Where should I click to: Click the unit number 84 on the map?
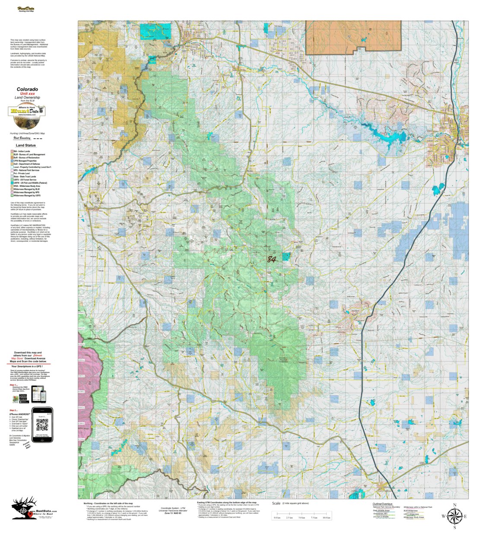pyautogui.click(x=271, y=259)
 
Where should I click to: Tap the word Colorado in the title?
pyautogui.click(x=27, y=90)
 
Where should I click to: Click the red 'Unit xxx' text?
pyautogui.click(x=27, y=94)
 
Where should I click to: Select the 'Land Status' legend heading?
pyautogui.click(x=25, y=145)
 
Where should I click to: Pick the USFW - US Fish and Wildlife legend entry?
pyautogui.click(x=30, y=183)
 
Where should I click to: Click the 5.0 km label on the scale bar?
pyautogui.click(x=302, y=518)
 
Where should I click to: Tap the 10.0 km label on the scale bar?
pyautogui.click(x=326, y=518)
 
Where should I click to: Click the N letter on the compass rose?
pyautogui.click(x=454, y=505)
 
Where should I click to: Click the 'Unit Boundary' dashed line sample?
pyautogui.click(x=38, y=139)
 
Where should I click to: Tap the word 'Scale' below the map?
pyautogui.click(x=276, y=503)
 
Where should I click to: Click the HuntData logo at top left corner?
pyautogui.click(x=26, y=9)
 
